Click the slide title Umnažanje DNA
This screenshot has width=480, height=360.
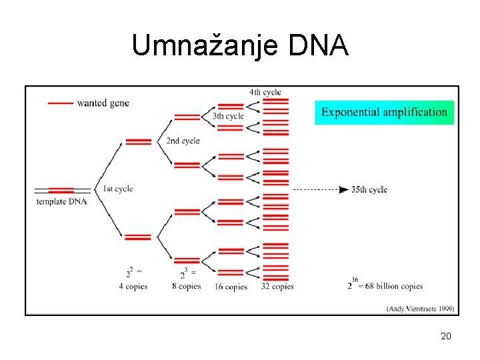240,45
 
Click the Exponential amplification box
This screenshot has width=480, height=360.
384,112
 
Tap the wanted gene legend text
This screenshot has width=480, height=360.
103,103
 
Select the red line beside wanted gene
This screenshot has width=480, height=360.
61,103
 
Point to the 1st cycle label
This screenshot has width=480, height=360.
118,189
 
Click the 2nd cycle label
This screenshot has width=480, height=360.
183,141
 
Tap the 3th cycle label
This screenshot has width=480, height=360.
228,116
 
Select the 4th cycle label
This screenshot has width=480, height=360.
265,92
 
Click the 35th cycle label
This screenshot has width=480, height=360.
369,190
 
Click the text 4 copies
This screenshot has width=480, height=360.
133,286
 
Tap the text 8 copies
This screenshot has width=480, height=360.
186,286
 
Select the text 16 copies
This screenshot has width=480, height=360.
231,287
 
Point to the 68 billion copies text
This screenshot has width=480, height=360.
393,286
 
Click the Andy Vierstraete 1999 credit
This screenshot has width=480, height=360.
420,308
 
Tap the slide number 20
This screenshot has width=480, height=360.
446,336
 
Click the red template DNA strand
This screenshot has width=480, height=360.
61,191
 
